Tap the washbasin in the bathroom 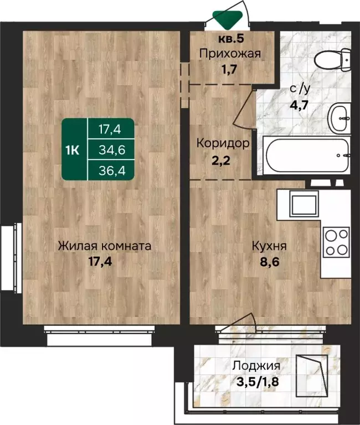(339, 118)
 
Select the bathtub (307, 156)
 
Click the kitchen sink (304, 204)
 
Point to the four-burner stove (336, 242)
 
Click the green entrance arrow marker (227, 20)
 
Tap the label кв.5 (231, 39)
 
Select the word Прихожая (230, 54)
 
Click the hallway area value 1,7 (229, 69)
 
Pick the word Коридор (223, 143)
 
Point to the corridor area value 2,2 (221, 160)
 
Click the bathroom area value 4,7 (299, 105)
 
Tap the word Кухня (269, 246)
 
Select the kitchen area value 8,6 (270, 262)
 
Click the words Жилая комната (105, 246)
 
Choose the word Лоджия (256, 366)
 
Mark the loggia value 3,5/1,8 (258, 382)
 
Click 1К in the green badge (73, 150)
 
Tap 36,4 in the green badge (112, 171)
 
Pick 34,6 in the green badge (112, 149)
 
